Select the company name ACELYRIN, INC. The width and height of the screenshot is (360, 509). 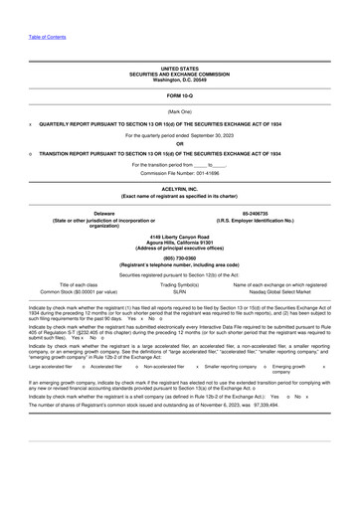[180, 187]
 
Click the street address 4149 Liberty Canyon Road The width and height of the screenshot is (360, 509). [180, 236]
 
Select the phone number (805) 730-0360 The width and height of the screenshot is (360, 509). [180, 258]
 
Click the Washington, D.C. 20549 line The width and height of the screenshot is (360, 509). [180, 79]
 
